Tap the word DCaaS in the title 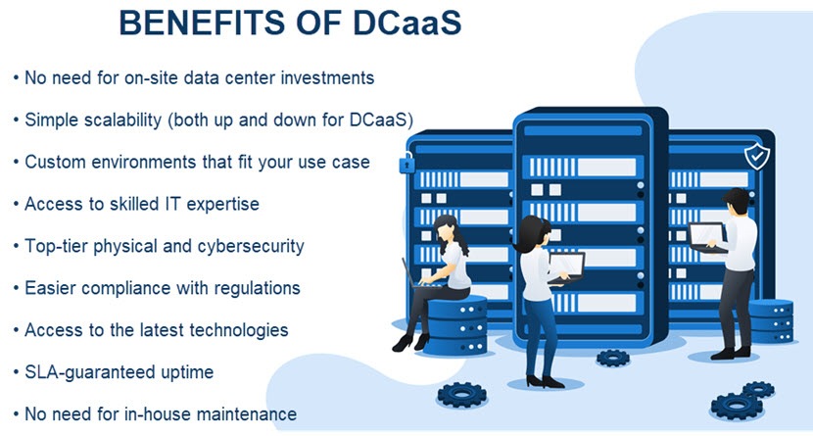point(407,23)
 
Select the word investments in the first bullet point(327,77)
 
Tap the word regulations point(258,289)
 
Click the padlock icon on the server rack point(406,163)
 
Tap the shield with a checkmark point(757,156)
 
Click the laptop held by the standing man point(707,237)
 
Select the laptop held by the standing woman point(566,268)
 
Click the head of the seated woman point(446,230)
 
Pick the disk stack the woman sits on point(455,325)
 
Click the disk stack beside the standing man point(771,321)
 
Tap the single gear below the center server point(613,358)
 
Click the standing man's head point(737,201)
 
